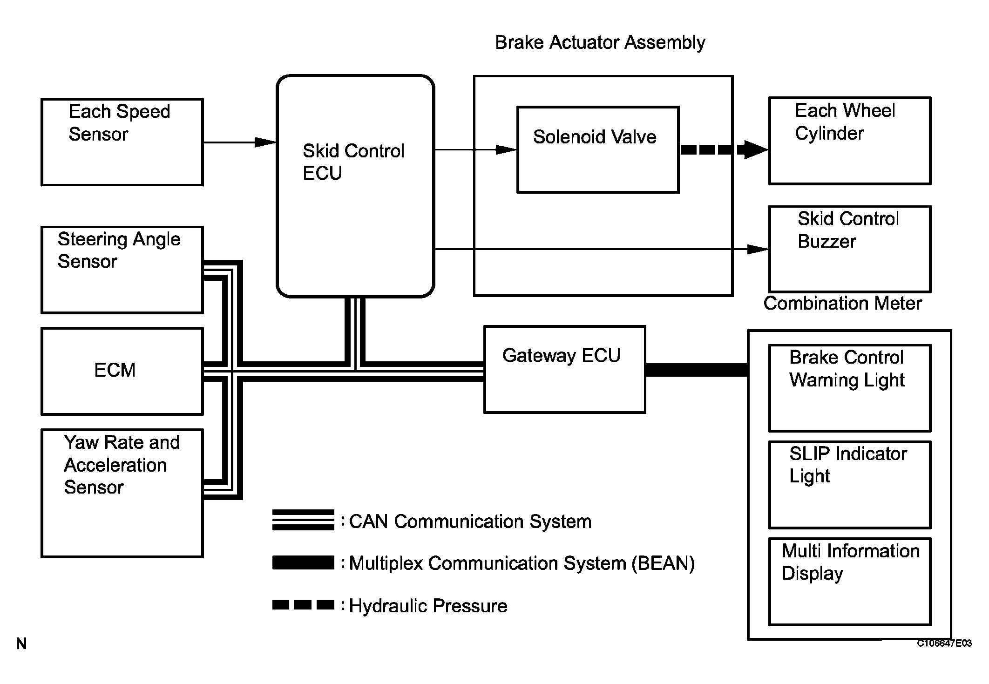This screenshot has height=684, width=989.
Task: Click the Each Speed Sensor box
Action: [x=122, y=142]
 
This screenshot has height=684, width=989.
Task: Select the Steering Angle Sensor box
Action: [x=122, y=270]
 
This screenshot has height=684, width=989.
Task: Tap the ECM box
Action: [x=122, y=371]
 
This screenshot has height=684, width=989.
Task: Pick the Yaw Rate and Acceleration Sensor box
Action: [x=122, y=493]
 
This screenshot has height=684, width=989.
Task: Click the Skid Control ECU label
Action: [x=353, y=162]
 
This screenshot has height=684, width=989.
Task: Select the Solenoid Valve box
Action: [x=598, y=149]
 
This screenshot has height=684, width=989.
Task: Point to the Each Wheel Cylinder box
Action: [x=850, y=141]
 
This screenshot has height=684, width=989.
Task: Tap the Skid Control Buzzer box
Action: [x=850, y=249]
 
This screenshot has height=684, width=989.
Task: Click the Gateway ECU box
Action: [x=564, y=369]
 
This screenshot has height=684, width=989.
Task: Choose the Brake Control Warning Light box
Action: [x=850, y=388]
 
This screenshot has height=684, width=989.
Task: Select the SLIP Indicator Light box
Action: [x=850, y=485]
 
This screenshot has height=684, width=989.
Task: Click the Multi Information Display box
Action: [x=850, y=582]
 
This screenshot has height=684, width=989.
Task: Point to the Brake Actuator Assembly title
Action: [x=600, y=42]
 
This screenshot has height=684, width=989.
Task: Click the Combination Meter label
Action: [x=842, y=304]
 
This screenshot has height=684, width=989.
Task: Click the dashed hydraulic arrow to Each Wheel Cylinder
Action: [x=724, y=149]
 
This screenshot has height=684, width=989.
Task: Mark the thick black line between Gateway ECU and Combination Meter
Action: [x=697, y=370]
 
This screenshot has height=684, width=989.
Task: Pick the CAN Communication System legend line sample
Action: [x=303, y=520]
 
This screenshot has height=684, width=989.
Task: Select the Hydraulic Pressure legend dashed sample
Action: [x=303, y=605]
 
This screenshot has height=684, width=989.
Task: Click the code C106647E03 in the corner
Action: [x=944, y=643]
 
